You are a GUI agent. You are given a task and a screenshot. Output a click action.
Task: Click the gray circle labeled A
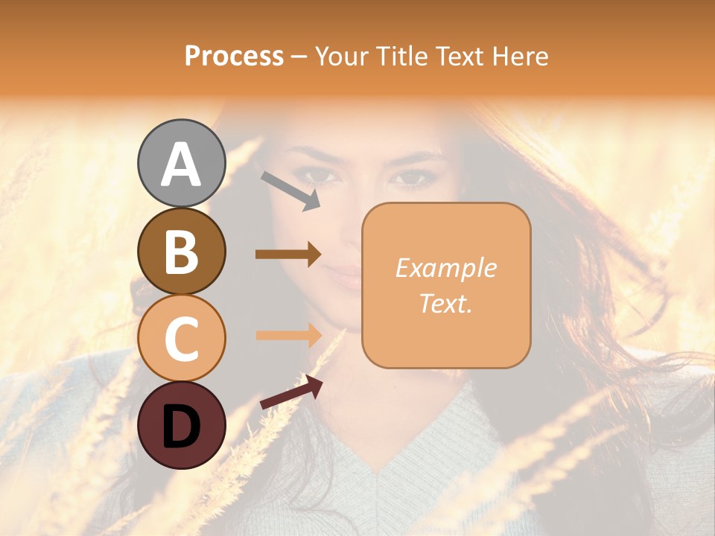[x=182, y=163]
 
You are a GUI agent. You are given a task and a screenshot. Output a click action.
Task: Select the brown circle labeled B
[x=182, y=251]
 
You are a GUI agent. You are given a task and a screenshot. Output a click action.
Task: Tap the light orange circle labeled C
[x=182, y=338]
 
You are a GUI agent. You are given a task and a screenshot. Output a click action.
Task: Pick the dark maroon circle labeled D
[x=182, y=425]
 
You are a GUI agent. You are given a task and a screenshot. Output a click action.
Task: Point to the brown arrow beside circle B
[x=288, y=255]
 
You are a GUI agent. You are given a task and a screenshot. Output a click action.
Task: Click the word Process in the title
[x=234, y=56]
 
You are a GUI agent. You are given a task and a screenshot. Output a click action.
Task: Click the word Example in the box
[x=445, y=268]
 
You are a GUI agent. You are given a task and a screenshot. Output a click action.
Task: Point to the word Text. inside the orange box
[x=445, y=303]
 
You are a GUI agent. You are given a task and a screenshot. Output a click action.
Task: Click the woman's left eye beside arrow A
[x=319, y=176]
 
